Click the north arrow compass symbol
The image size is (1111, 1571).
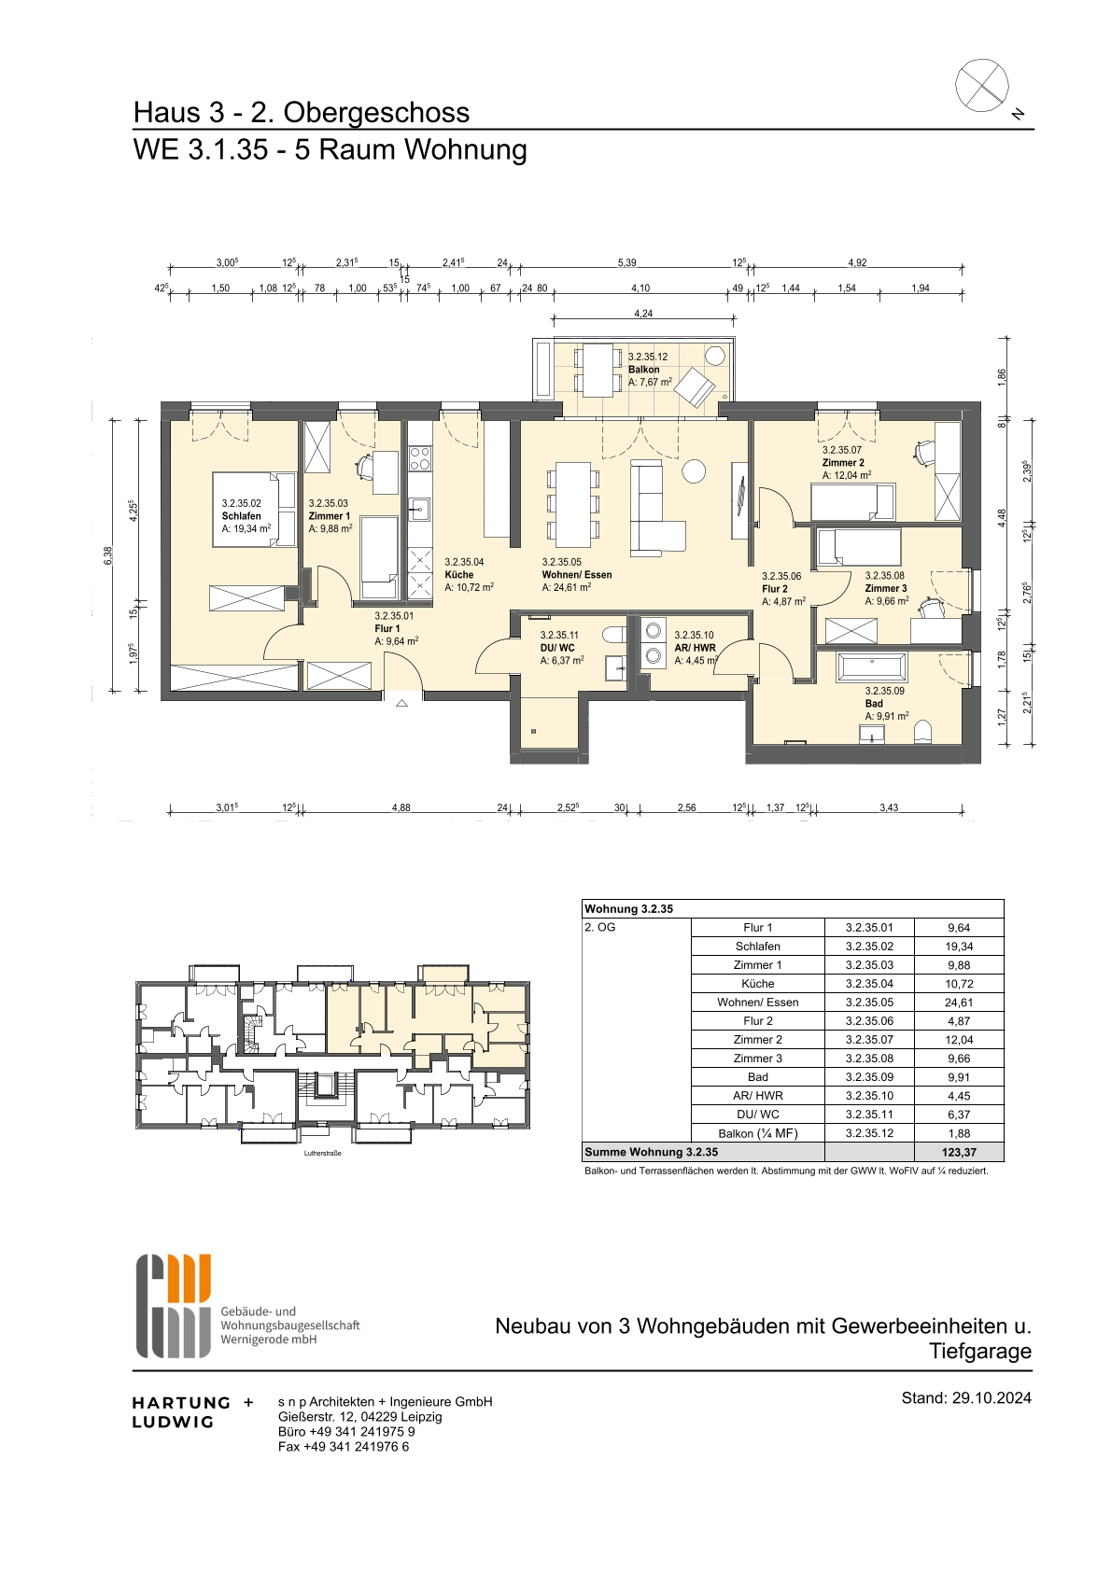pyautogui.click(x=981, y=85)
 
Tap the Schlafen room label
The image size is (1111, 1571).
pyautogui.click(x=241, y=516)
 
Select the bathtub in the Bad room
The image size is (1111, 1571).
pyautogui.click(x=871, y=667)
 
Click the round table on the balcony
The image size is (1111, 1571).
pyautogui.click(x=715, y=356)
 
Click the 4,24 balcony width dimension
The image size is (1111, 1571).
pyautogui.click(x=643, y=314)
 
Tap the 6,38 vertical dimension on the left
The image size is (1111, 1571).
pyautogui.click(x=108, y=555)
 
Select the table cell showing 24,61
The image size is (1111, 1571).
pyautogui.click(x=959, y=1003)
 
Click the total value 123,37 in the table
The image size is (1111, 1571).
pyautogui.click(x=959, y=1152)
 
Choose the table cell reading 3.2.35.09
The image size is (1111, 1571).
pyautogui.click(x=869, y=1076)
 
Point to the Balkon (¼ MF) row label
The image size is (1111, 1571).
pyautogui.click(x=757, y=1133)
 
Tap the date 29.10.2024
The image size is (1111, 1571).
pyautogui.click(x=991, y=1397)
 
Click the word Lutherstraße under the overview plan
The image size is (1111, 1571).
pyautogui.click(x=323, y=1153)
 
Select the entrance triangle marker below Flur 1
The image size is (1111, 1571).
pyautogui.click(x=401, y=703)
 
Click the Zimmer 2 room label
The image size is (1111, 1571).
pyautogui.click(x=843, y=463)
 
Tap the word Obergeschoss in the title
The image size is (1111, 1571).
pyautogui.click(x=376, y=113)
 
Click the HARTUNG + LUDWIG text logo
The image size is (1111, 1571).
pyautogui.click(x=193, y=1412)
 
